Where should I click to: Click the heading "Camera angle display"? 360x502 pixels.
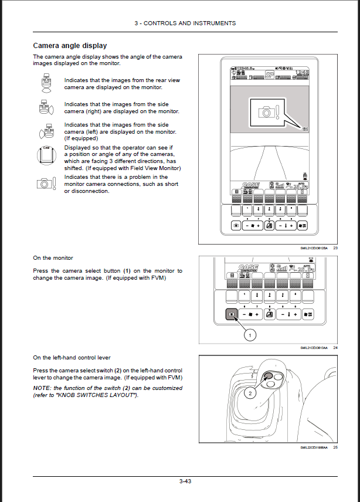tap(70, 46)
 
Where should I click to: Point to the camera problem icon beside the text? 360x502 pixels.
tap(46, 183)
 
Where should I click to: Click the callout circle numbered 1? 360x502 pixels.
tap(250, 335)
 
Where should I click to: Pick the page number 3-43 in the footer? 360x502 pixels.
tap(186, 481)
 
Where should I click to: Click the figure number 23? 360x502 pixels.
tap(335, 248)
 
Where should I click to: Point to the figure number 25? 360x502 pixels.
tap(335, 447)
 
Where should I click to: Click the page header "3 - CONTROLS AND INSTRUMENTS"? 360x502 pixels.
tap(185, 23)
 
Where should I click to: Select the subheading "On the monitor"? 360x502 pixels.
tap(53, 258)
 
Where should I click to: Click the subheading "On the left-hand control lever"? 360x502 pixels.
tap(72, 358)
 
